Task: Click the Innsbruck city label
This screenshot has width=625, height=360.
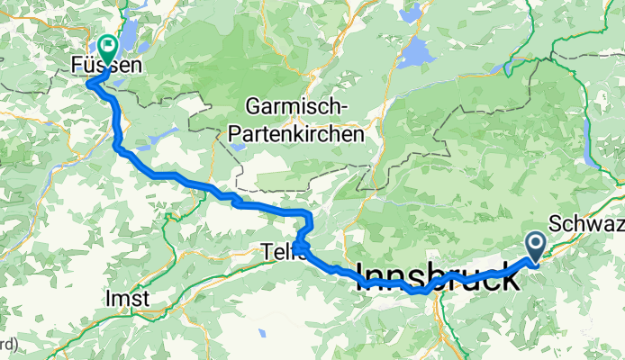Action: [439, 275]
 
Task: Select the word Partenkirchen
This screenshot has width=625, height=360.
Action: [297, 134]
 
